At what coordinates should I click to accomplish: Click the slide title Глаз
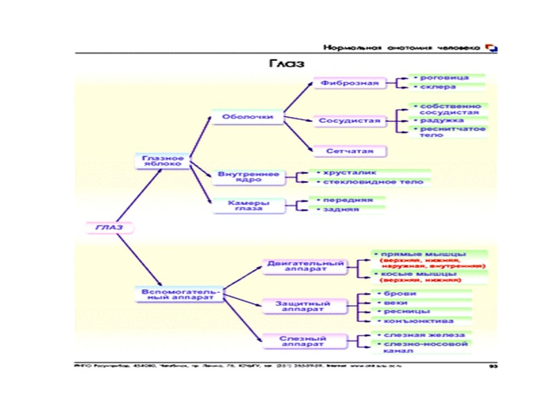point(287,63)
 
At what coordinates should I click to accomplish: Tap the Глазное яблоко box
point(163,161)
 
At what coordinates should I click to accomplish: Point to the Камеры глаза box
point(247,205)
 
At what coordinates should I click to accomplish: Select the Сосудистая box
point(349,121)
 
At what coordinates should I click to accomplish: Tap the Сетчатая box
point(350,150)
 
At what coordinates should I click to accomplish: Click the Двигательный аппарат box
point(305,266)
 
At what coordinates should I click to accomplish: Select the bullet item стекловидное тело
point(368,182)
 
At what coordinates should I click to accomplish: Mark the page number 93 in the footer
point(493,365)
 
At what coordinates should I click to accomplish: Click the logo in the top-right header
point(492,48)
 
